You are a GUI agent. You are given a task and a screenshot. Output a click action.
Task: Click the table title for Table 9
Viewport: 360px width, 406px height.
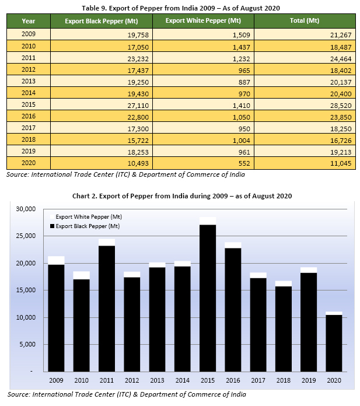pyautogui.click(x=180, y=8)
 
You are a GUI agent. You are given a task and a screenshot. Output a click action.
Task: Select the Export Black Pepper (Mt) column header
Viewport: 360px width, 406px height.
pyautogui.click(x=102, y=20)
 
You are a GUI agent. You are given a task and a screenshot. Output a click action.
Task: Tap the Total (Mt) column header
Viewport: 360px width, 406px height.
pyautogui.click(x=304, y=20)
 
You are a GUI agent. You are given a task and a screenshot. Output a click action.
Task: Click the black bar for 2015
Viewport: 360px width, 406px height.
pyautogui.click(x=207, y=297)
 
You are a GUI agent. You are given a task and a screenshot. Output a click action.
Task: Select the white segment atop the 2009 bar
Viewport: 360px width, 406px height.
pyautogui.click(x=57, y=260)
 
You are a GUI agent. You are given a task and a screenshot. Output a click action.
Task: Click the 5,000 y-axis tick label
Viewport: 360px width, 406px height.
pyautogui.click(x=28, y=344)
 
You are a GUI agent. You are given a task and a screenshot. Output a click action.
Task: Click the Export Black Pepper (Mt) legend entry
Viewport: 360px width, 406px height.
pyautogui.click(x=88, y=226)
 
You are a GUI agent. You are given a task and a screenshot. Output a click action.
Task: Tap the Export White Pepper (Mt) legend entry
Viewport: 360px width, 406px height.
pyautogui.click(x=88, y=216)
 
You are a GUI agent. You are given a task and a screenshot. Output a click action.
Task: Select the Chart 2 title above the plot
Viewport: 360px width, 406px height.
pyautogui.click(x=180, y=195)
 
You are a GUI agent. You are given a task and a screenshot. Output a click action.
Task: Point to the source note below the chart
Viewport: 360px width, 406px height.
pyautogui.click(x=125, y=395)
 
